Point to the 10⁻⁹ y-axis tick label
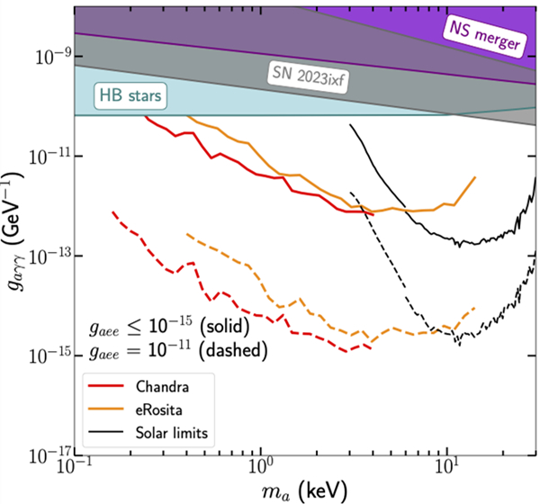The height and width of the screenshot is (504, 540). [46, 57]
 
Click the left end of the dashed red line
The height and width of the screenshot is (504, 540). [112, 212]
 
